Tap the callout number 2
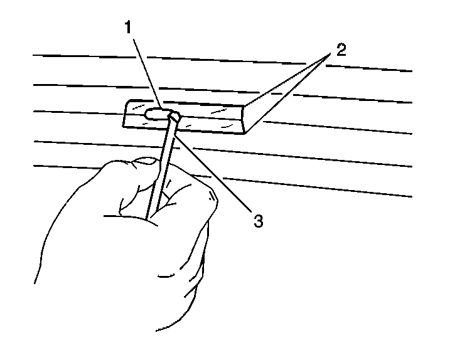(340, 51)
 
